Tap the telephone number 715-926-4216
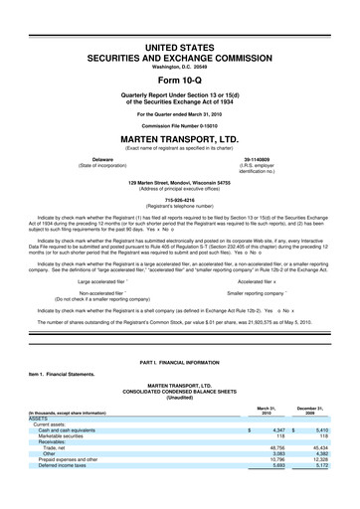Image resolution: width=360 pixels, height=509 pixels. click(x=179, y=198)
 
